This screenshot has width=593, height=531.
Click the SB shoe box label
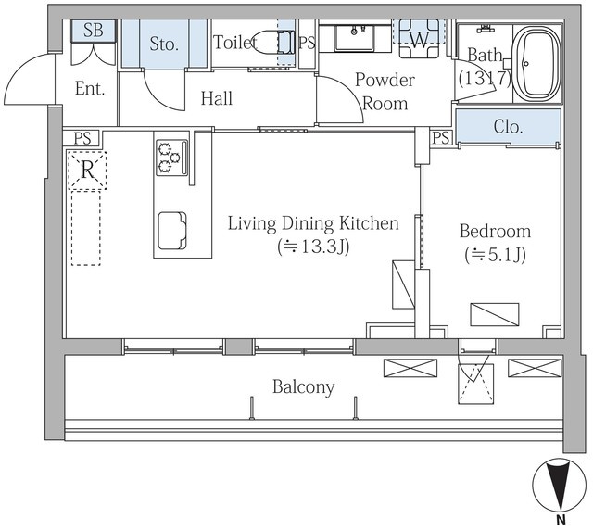93,30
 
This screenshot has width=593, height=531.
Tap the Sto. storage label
164,44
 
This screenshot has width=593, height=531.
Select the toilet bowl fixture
272,43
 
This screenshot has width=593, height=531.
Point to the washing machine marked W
420,39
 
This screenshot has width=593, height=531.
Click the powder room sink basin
354,37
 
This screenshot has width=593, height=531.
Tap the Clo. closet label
508,127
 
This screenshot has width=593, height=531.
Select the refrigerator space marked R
87,171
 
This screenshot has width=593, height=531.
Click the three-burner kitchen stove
172,158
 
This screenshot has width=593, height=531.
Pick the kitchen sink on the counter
172,231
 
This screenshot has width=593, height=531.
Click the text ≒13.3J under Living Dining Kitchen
313,247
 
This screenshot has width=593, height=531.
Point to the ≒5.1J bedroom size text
495,255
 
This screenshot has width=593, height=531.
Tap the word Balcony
304,387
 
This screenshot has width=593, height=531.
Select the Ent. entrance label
90,89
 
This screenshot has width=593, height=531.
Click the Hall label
217,98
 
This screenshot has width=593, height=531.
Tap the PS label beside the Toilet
307,43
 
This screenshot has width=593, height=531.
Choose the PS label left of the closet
441,138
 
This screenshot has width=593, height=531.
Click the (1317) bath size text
485,78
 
